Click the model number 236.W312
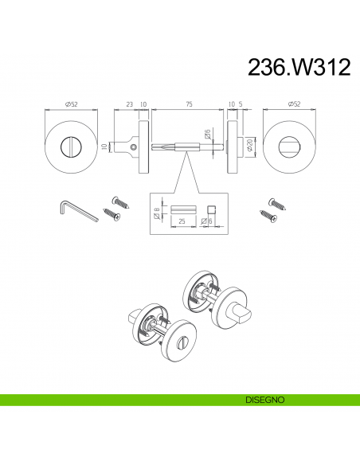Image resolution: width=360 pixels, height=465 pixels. [299, 67]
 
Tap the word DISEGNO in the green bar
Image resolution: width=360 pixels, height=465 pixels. [264, 400]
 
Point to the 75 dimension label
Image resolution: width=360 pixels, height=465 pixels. [189, 104]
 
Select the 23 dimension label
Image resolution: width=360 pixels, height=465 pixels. [130, 104]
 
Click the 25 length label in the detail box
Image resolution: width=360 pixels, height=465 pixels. [182, 221]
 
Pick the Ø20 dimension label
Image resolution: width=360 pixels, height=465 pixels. [249, 145]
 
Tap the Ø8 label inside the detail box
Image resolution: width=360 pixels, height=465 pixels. [157, 213]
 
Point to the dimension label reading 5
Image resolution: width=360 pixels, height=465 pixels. [241, 104]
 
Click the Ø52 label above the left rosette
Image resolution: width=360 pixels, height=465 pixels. [71, 104]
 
